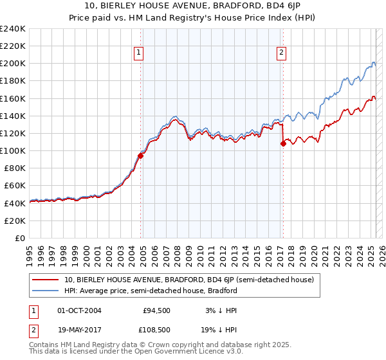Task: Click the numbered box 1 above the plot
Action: (139, 53)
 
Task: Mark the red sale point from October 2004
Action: (140, 155)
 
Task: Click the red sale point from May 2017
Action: (283, 143)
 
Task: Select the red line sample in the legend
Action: (46, 280)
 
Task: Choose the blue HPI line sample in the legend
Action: (46, 291)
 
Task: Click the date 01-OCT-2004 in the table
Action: (78, 310)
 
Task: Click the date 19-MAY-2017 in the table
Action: (78, 331)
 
